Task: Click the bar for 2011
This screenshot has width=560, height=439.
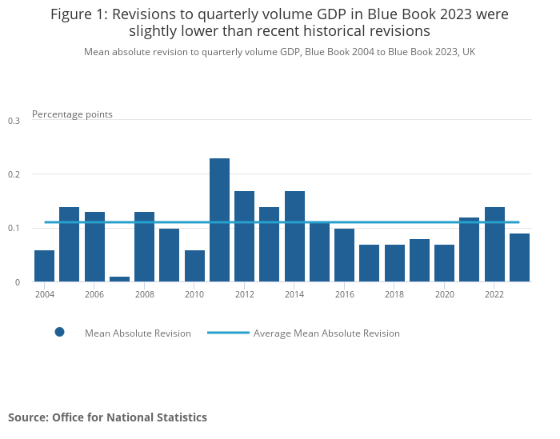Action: (219, 220)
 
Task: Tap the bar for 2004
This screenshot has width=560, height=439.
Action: (45, 265)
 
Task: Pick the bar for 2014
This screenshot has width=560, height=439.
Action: (294, 236)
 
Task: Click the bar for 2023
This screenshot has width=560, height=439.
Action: (519, 257)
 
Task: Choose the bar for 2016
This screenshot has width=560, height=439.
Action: (344, 255)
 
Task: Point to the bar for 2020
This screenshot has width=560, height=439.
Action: (444, 263)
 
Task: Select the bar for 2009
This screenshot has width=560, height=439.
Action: (169, 255)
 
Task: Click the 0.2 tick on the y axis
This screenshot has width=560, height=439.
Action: (14, 174)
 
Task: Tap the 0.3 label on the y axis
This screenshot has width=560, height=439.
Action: (14, 121)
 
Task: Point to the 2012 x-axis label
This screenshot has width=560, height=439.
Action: (244, 295)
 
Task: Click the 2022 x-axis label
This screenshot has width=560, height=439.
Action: (494, 295)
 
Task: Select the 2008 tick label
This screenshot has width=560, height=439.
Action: (144, 295)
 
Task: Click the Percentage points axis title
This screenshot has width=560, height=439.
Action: (72, 114)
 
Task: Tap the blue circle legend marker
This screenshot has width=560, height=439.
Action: (59, 332)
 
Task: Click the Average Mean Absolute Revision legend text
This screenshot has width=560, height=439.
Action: (326, 333)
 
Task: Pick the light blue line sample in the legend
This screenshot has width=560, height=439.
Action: (227, 333)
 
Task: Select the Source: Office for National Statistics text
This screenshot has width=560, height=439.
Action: (107, 417)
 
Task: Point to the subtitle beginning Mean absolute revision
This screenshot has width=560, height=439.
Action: (280, 52)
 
